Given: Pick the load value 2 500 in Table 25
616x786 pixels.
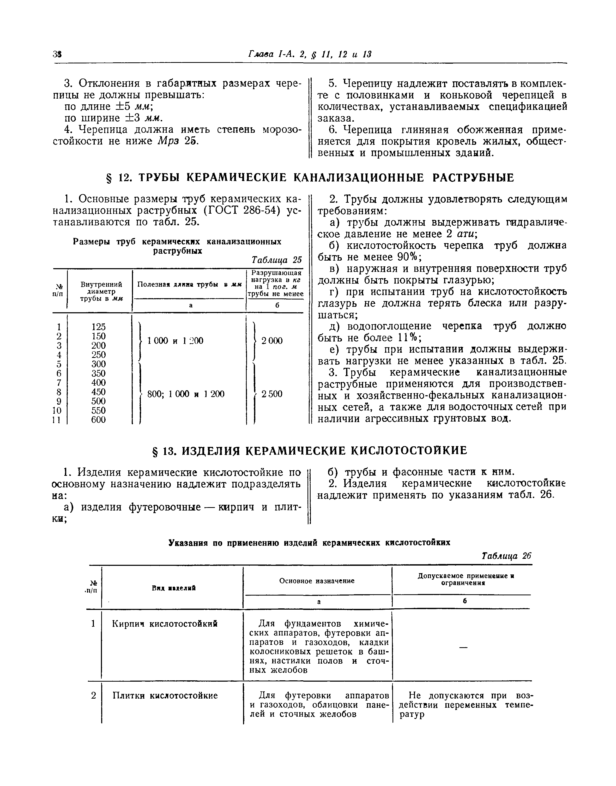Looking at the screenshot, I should (x=273, y=394).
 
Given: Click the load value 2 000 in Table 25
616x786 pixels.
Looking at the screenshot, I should (x=272, y=340).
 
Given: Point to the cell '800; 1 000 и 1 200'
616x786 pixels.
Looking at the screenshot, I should (x=186, y=394).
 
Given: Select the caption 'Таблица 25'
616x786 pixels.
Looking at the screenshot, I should (x=277, y=260).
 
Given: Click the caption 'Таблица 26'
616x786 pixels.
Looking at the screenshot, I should (x=507, y=556).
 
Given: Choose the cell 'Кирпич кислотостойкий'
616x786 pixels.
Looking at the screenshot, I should (x=165, y=624).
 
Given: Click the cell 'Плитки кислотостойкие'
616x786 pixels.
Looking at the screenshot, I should (x=165, y=696).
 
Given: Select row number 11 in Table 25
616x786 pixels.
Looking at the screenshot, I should (x=57, y=420).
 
